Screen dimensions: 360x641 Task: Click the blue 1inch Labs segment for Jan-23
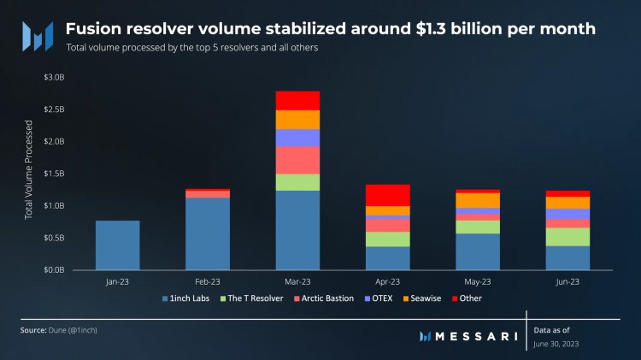117,245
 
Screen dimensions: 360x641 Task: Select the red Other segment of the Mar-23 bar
297,100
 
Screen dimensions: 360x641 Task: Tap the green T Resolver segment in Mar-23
297,182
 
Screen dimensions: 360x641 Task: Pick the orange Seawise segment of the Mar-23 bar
297,120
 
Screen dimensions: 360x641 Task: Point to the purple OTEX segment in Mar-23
297,138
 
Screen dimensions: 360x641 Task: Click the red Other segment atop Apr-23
387,195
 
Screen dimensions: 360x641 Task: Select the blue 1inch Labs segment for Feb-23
207,233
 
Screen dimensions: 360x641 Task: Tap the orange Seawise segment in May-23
478,200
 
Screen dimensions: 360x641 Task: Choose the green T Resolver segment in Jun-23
567,237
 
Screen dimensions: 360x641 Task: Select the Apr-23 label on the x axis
387,281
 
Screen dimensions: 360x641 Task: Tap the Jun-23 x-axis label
567,281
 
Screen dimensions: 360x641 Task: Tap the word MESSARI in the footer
475,336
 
